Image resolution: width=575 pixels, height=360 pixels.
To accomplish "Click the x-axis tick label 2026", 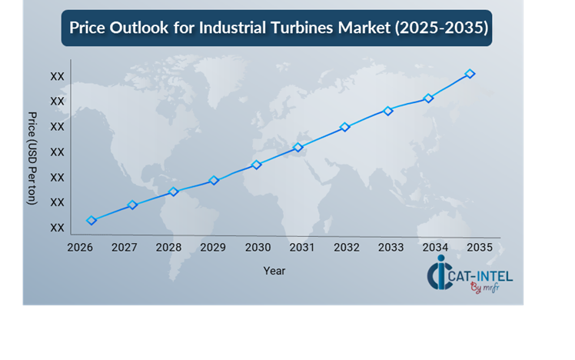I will [80, 247].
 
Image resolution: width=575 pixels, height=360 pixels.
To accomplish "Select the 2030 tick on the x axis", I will [258, 247].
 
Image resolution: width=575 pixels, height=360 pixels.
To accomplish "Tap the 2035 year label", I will [480, 247].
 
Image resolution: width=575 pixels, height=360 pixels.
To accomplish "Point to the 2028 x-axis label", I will [168, 247].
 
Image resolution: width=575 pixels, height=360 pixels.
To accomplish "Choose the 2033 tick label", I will [391, 247].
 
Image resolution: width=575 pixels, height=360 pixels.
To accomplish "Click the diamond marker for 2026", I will [91, 221].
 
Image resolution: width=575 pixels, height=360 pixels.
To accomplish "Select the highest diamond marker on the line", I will [470, 74].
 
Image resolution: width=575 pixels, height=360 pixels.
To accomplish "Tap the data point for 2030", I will [257, 165].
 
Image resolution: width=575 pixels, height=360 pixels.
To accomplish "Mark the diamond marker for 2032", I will [345, 127].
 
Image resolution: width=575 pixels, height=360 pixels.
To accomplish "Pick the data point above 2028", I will [174, 192].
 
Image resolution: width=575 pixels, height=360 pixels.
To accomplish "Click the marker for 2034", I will [429, 98].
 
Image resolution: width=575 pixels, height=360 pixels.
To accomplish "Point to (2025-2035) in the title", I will [440, 28].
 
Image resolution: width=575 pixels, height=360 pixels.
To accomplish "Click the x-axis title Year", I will [274, 271].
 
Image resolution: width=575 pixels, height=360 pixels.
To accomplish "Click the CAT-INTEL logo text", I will [481, 275].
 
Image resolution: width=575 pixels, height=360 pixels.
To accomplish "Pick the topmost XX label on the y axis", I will [57, 76].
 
